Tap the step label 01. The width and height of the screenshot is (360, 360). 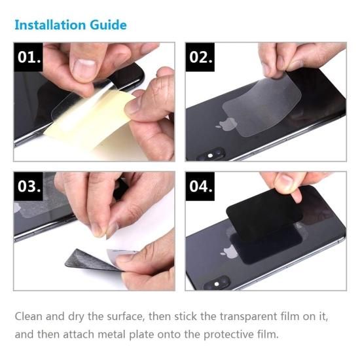coord(28,57)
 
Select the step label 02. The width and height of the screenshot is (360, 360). coord(200,57)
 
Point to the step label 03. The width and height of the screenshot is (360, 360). coord(28,186)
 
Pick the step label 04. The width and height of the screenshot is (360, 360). coord(200,186)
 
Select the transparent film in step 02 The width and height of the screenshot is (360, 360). coord(262,105)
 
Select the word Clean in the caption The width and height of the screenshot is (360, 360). coord(28,316)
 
